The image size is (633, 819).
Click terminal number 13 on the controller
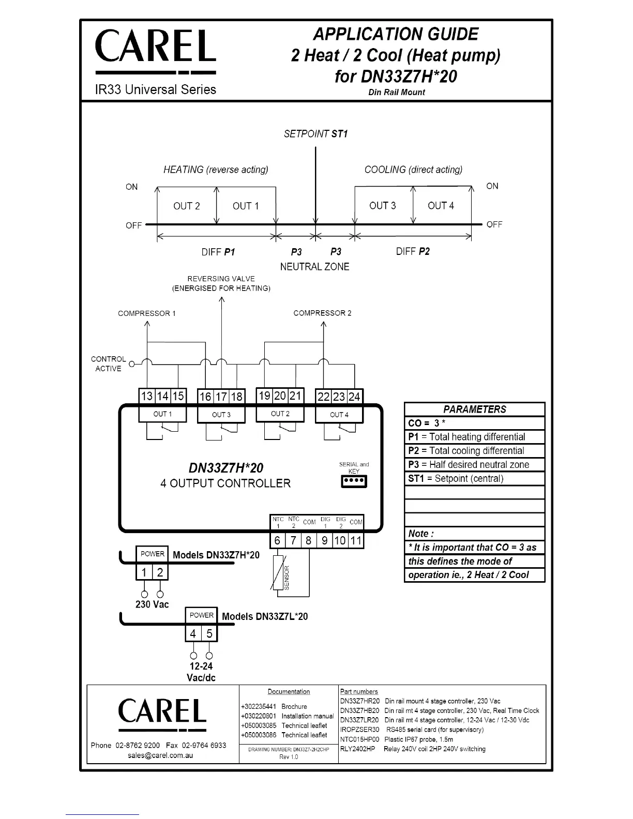click(x=147, y=396)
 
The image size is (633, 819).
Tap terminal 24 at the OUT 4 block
click(x=355, y=397)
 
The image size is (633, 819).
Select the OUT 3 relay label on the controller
click(x=221, y=415)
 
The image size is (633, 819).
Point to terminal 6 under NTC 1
click(x=278, y=540)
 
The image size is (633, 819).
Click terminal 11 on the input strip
click(x=356, y=540)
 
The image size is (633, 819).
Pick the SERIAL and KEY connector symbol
click(x=354, y=481)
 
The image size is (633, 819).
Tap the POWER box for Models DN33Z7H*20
click(x=152, y=554)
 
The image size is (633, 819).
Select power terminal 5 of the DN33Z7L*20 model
click(x=209, y=633)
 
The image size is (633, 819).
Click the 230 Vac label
click(x=152, y=604)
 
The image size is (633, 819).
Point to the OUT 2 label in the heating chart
click(x=187, y=206)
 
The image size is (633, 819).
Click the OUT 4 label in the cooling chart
click(x=441, y=205)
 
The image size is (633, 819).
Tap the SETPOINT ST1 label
click(x=315, y=134)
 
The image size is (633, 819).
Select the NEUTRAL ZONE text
click(x=314, y=267)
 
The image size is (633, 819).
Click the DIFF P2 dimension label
click(x=413, y=251)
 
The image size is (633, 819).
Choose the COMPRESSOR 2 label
click(x=322, y=313)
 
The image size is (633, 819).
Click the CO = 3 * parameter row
click(x=474, y=423)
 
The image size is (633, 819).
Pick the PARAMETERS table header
click(x=474, y=409)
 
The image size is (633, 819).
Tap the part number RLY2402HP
click(x=357, y=749)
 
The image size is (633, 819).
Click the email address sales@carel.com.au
click(x=160, y=755)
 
